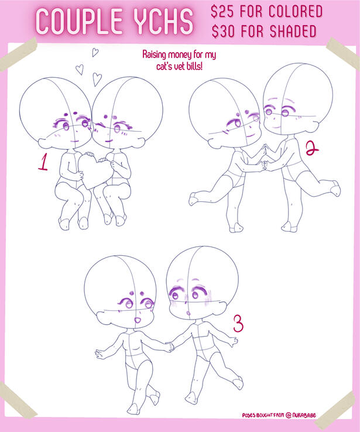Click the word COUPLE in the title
(x=80, y=21)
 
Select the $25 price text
(x=222, y=12)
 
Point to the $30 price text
(x=224, y=31)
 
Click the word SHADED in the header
(x=293, y=31)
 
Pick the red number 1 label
(x=43, y=162)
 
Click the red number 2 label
(x=312, y=148)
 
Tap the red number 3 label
(x=238, y=324)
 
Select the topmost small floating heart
(x=95, y=52)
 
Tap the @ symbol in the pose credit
(x=289, y=415)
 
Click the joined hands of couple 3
(x=169, y=346)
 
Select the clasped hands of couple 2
(x=263, y=165)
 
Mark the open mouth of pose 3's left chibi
(x=137, y=320)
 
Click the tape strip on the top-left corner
(x=18, y=54)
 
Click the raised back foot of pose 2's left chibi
(x=193, y=198)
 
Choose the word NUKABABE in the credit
(x=304, y=415)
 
